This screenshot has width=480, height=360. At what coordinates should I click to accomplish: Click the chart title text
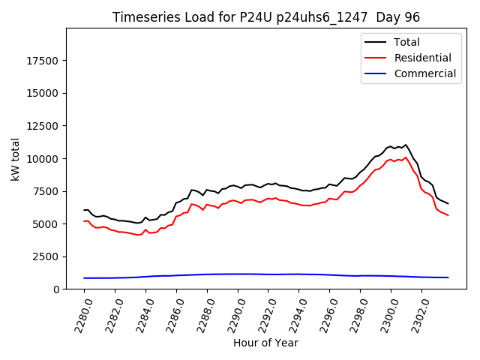pos(266,17)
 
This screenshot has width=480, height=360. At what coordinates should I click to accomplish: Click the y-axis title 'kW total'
pos(15,158)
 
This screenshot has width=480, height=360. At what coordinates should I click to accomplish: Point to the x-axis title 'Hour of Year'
pos(265,343)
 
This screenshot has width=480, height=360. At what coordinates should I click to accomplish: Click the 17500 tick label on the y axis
pos(45,61)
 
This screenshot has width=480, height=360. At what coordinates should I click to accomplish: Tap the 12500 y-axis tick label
pos(45,126)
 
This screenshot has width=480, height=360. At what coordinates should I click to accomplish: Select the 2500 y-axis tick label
pos(48,256)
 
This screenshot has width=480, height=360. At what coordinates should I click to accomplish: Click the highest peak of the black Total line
pos(406,145)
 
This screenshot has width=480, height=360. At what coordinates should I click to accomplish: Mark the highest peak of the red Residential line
pos(406,157)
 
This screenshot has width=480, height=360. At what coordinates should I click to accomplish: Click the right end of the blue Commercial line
pos(448,277)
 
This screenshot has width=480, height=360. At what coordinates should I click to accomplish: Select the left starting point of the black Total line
pos(84,210)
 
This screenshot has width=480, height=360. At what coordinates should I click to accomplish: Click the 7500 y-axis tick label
pos(48,191)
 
